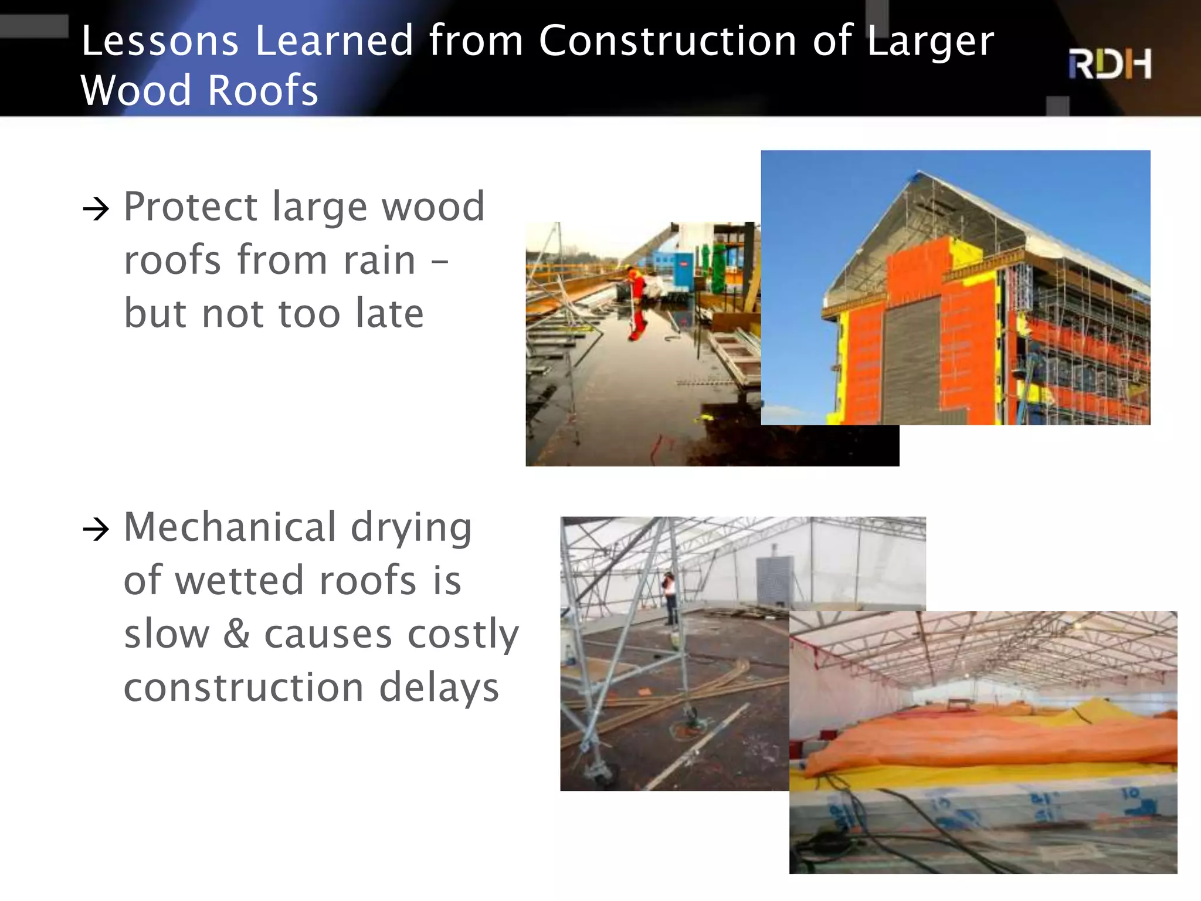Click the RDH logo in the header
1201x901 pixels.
[1110, 64]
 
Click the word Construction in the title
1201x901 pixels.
[667, 41]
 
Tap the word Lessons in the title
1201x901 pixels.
[160, 41]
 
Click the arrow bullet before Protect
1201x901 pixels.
[96, 209]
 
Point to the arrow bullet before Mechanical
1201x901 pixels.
[96, 530]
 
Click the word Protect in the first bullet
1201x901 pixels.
[191, 208]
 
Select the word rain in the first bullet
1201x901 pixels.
[379, 260]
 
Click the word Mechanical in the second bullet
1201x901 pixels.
[230, 527]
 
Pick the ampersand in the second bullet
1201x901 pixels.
[236, 634]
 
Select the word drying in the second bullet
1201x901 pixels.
[411, 528]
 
